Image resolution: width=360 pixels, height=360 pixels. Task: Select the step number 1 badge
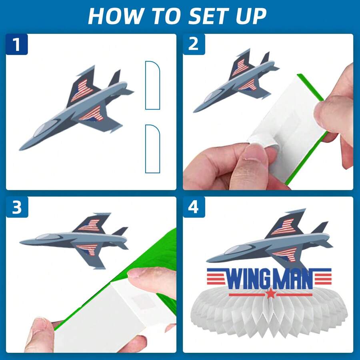[17, 44]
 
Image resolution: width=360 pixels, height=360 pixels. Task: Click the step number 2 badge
[194, 44]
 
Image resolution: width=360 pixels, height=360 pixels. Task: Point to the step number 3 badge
[17, 207]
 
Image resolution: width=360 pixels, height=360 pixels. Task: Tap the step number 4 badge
[194, 207]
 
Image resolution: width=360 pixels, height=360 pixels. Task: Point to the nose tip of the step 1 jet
[20, 149]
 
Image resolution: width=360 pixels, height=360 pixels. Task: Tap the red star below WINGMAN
[271, 294]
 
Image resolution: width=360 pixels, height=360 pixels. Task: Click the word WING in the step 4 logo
[249, 280]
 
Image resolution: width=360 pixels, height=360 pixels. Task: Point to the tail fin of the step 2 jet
[266, 58]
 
